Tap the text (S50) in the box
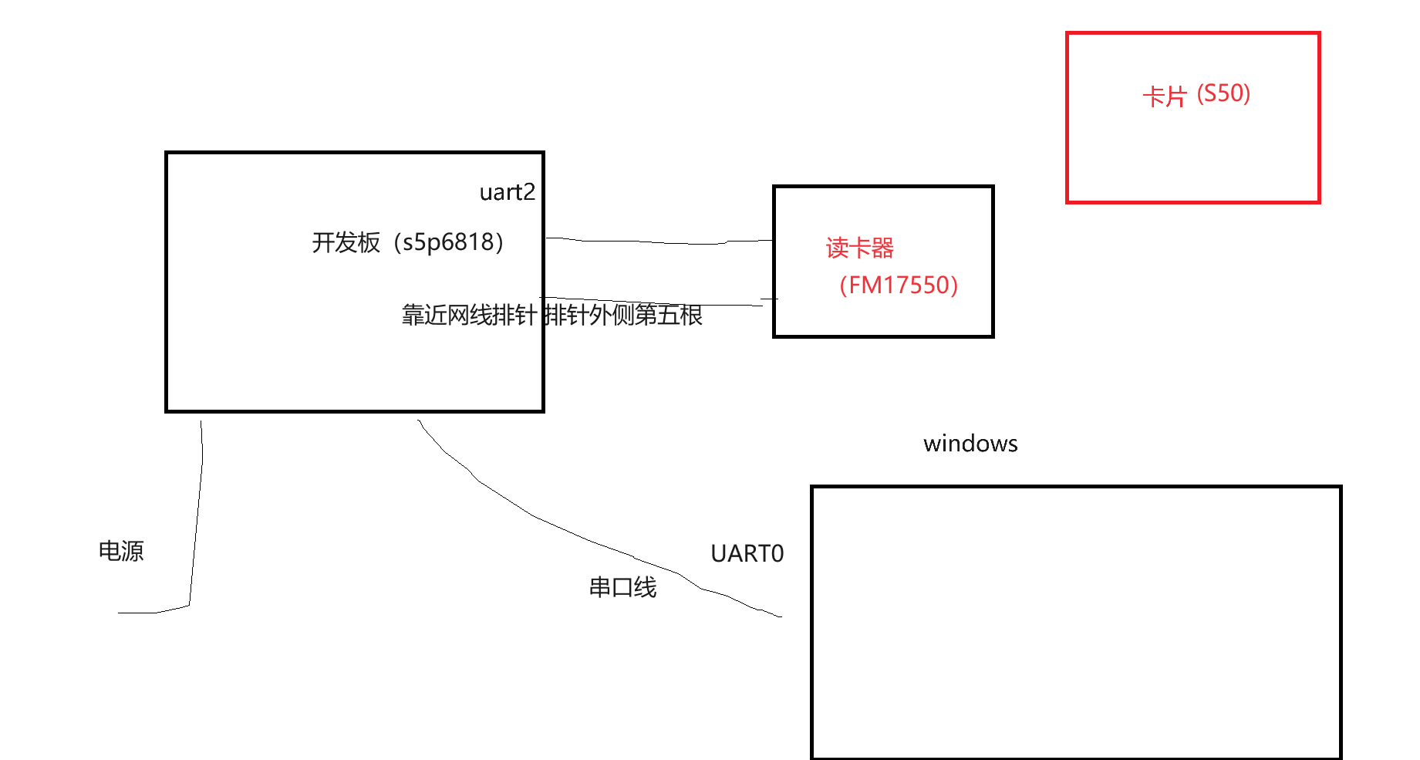[x=1223, y=94]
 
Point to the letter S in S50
[x=1209, y=94]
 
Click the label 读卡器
[x=860, y=248]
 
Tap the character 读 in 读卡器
[x=838, y=248]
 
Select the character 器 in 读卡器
[x=883, y=248]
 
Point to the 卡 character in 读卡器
[x=860, y=248]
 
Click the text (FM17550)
[x=899, y=285]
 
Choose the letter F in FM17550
[x=855, y=285]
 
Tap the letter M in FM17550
[x=871, y=285]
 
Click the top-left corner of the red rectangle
[x=1068, y=33]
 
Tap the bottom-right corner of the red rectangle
[x=1319, y=202]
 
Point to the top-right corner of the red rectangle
[x=1319, y=33]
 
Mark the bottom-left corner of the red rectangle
[x=1068, y=202]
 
